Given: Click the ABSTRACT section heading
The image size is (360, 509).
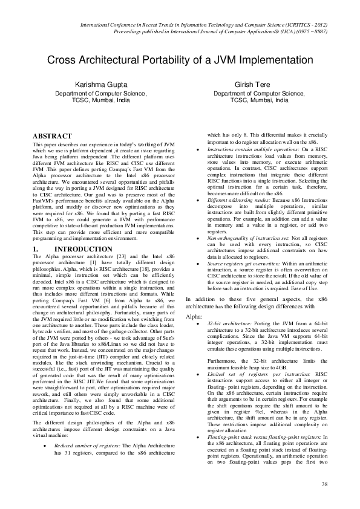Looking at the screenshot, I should [x=52, y=136].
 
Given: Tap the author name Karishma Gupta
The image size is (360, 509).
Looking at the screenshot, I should [x=100, y=86].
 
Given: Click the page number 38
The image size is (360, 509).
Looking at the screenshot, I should [x=324, y=484].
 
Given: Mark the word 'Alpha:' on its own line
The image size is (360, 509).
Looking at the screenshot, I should [x=194, y=316].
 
